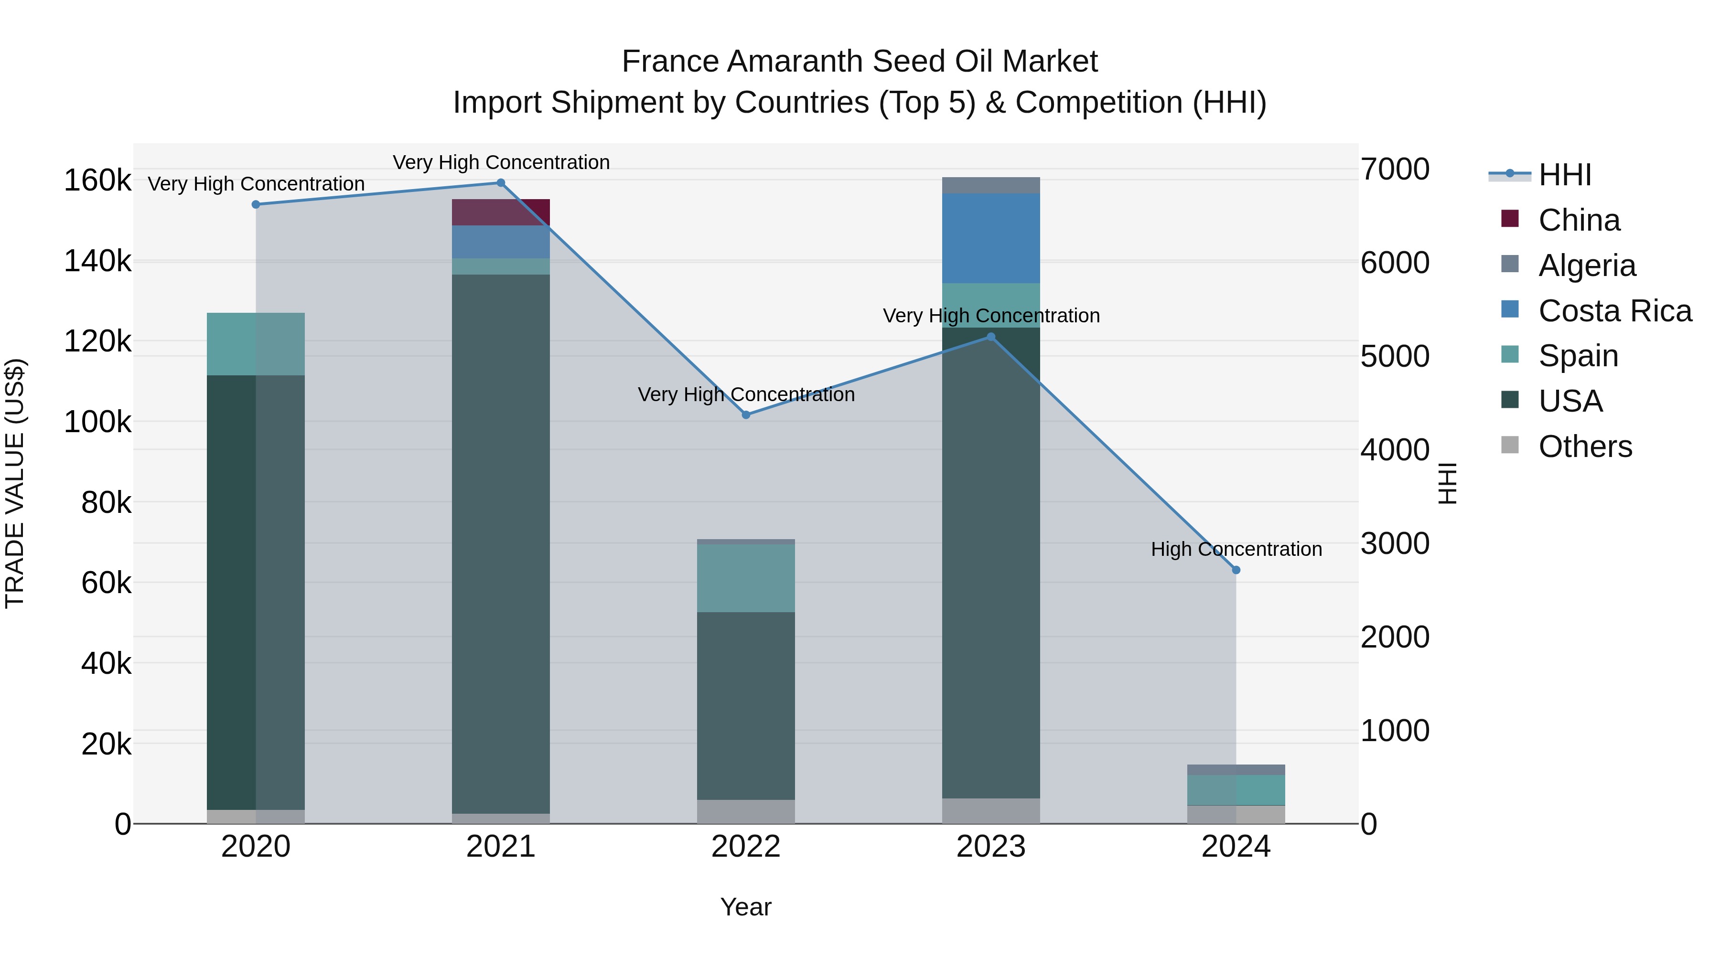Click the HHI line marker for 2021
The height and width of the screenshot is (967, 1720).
[501, 183]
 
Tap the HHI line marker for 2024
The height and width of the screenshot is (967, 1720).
[1236, 570]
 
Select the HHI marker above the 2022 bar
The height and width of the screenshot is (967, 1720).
[746, 415]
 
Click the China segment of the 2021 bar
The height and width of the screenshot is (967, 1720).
[501, 212]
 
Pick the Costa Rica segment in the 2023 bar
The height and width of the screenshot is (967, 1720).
[991, 238]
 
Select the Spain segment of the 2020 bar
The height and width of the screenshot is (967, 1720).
[256, 344]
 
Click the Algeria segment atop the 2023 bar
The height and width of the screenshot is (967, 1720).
[991, 186]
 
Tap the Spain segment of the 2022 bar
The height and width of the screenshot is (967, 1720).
[746, 578]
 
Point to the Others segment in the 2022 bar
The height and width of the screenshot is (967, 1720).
[746, 811]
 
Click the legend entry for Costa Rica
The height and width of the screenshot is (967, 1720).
[1614, 311]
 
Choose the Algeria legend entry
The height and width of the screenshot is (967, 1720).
[1586, 266]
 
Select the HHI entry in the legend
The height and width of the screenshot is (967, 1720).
[1564, 175]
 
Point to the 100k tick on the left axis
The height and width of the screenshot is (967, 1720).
[97, 422]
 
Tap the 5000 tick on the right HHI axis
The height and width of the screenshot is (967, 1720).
[1395, 356]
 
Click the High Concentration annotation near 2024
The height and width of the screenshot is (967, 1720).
[1236, 549]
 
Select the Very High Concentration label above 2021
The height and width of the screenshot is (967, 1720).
[501, 162]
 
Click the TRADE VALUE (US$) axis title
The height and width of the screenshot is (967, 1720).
[15, 483]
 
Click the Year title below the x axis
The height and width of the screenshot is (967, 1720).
[746, 907]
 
